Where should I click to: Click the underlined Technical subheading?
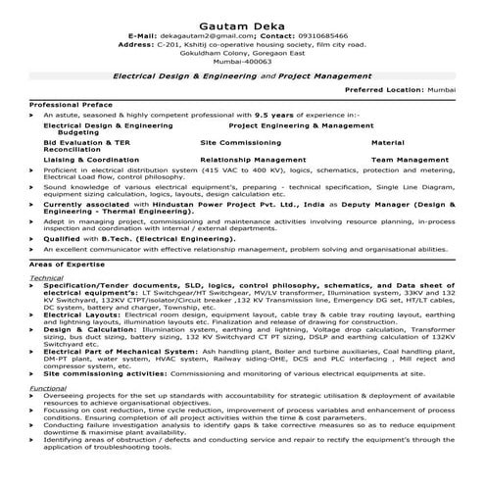coord(46,278)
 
